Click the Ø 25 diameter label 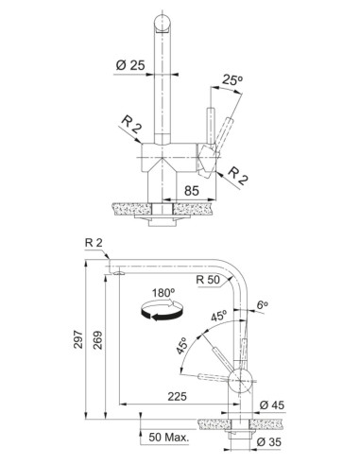pos(130,65)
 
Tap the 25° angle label pos(231,80)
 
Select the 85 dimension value pos(192,191)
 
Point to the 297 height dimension pos(77,339)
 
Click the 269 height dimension pos(97,340)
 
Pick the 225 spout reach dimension pos(177,396)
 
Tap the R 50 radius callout pos(208,280)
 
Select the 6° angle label pos(262,305)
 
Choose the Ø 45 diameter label pos(272,405)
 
